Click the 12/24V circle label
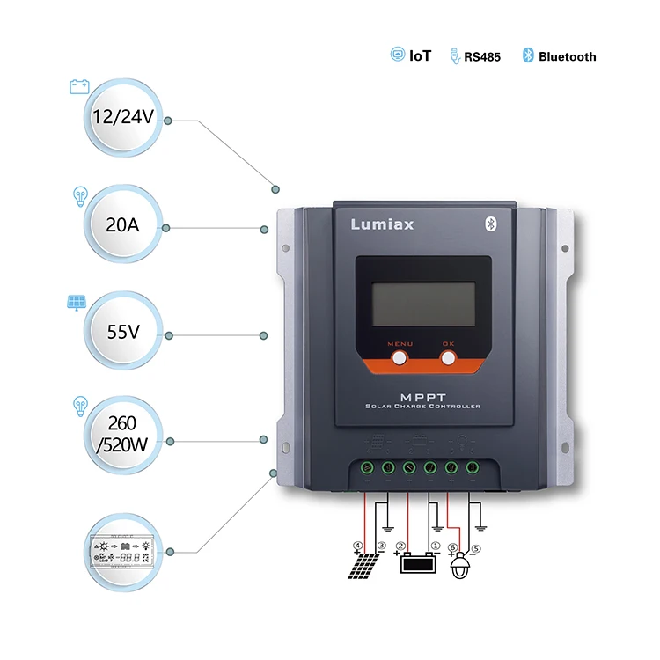click(124, 117)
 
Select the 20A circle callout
click(122, 225)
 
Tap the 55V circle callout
click(122, 333)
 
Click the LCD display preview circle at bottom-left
click(122, 550)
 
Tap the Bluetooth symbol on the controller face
click(492, 223)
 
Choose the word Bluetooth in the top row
click(567, 56)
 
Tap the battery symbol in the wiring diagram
click(418, 563)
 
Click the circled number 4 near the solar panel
click(357, 546)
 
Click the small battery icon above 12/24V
click(78, 85)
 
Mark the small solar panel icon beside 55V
click(76, 302)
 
